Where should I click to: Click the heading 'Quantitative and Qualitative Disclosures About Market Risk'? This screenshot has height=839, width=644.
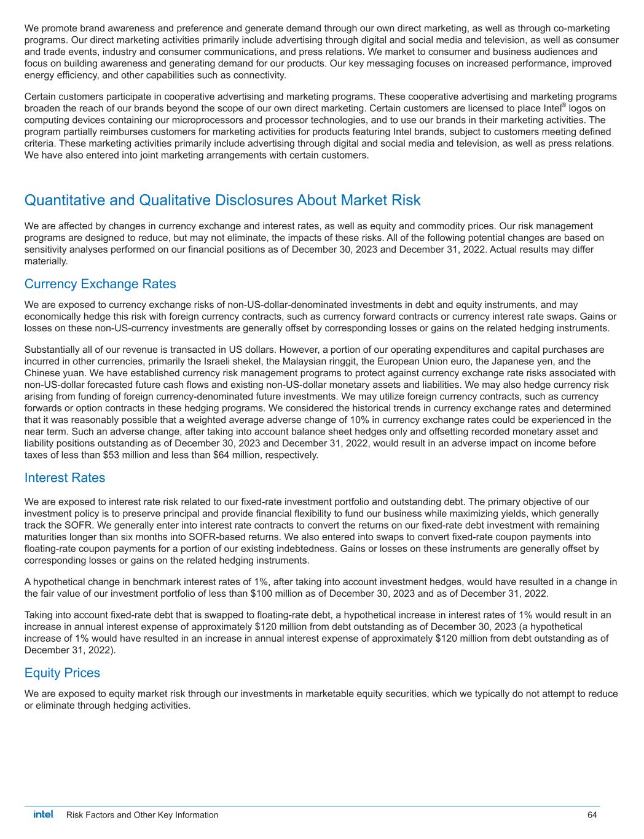click(x=222, y=200)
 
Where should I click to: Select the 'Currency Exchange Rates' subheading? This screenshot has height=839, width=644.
click(x=100, y=284)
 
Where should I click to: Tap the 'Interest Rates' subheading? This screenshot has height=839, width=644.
click(x=65, y=478)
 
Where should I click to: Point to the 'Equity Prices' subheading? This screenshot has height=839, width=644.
click(x=62, y=672)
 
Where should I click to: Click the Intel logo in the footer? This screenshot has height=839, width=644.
click(x=43, y=814)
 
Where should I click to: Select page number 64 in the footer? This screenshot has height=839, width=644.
click(x=592, y=815)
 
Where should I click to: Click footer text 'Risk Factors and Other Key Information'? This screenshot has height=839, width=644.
click(x=142, y=815)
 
